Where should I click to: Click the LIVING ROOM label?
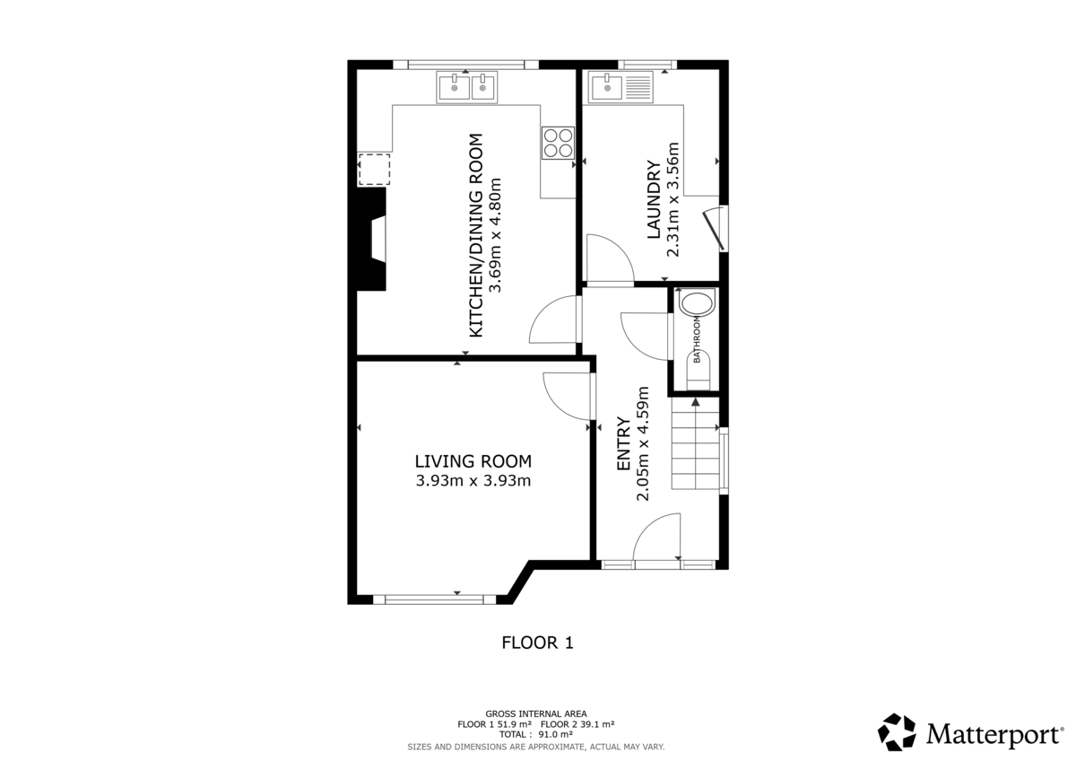pos(473,461)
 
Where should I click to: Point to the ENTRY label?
pos(623,443)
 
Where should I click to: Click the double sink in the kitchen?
pos(467,87)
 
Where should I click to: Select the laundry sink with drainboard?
pos(622,87)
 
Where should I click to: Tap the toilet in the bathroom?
pos(699,369)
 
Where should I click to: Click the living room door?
pos(567,396)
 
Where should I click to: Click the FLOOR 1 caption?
pos(536,643)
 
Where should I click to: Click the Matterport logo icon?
pos(896,732)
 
